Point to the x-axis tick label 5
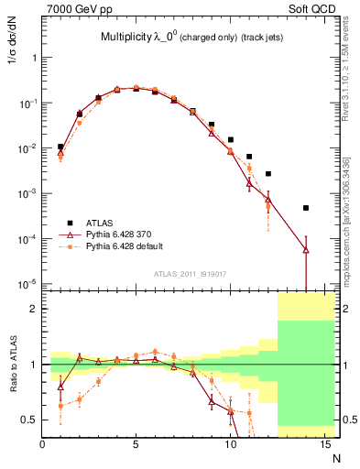[136, 444]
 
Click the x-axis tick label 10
[230, 444]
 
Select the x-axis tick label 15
[323, 444]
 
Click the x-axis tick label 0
[42, 444]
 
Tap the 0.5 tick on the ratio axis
[30, 420]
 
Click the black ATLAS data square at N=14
[305, 208]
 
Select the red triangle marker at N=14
[305, 249]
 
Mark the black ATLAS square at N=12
[267, 173]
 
